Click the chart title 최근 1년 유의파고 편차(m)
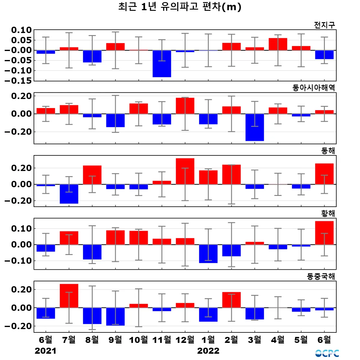[180, 7]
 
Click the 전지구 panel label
[324, 25]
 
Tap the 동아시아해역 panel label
[313, 88]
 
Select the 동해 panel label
[328, 151]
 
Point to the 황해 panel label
[328, 213]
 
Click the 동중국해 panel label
[321, 276]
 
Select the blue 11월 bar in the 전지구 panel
[162, 64]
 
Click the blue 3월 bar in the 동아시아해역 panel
[255, 127]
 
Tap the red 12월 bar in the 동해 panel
[185, 171]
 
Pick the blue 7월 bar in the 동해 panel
[69, 194]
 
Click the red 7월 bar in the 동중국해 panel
[69, 296]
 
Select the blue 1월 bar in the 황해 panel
[208, 254]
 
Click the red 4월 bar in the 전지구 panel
[278, 44]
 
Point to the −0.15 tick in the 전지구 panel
[18, 81]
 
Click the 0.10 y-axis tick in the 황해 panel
[21, 229]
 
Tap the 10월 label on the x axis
[138, 340]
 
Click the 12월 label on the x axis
[185, 340]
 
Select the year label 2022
[208, 351]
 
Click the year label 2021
[46, 351]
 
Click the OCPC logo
[327, 353]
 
